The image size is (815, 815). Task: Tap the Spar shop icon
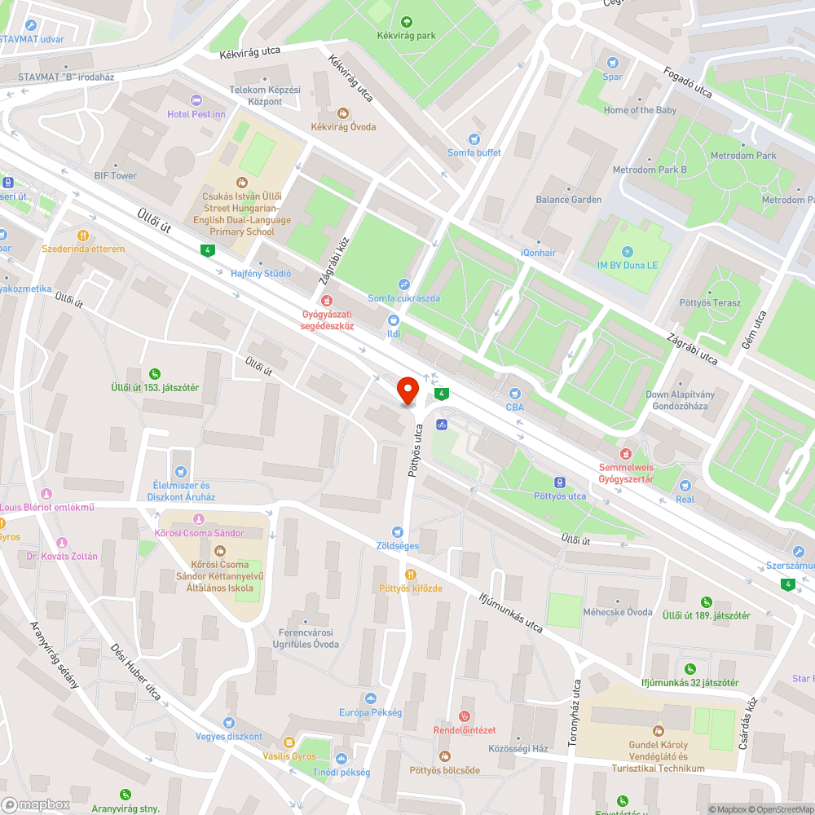coord(613,62)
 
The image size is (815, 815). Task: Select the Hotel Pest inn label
coord(196,114)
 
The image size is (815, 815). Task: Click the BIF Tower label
coord(115,176)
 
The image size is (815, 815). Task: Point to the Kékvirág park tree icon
coord(407,22)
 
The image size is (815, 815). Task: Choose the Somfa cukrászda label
coord(403,298)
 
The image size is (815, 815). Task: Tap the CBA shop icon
coord(514,394)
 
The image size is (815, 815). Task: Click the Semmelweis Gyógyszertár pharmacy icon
coord(626,453)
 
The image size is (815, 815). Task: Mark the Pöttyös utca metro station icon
coord(559,482)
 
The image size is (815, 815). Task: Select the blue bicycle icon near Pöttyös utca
coord(441,424)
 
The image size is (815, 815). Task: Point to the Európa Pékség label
coord(371,712)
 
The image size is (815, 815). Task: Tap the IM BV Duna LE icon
coord(626,251)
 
